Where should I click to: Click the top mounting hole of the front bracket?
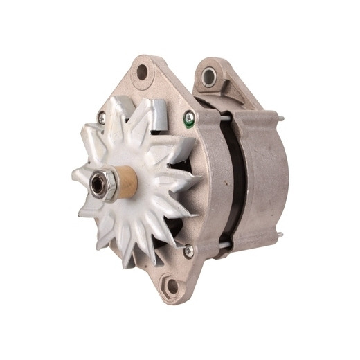coord(142,71)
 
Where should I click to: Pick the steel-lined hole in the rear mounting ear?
coord(209,77)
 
